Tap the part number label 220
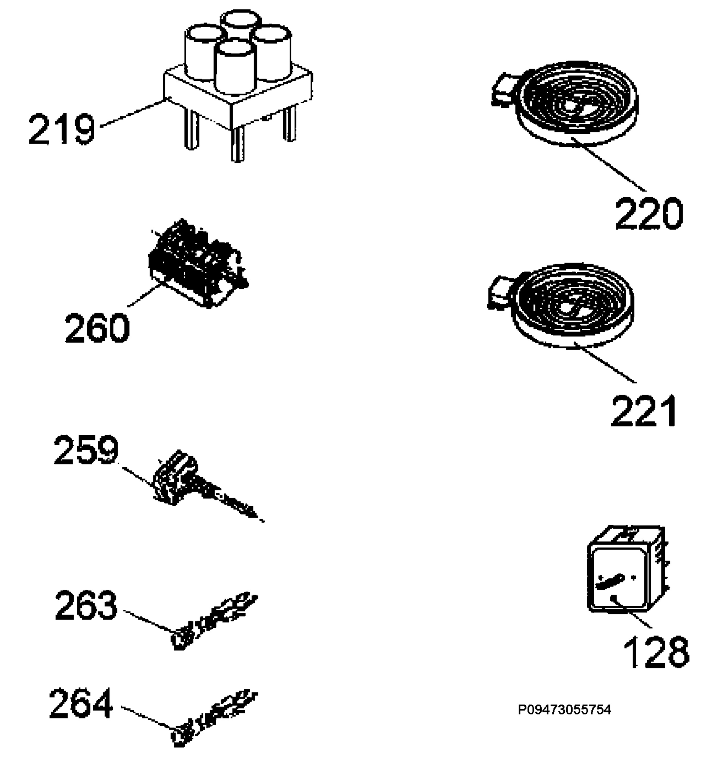[649, 213]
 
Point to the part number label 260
[97, 328]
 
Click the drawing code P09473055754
[565, 710]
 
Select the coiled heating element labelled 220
[565, 104]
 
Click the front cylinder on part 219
[235, 67]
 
